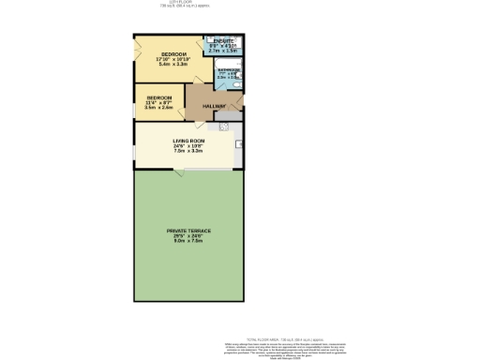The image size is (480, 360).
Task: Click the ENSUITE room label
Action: coord(223,41)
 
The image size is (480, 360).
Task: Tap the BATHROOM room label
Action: coord(229,70)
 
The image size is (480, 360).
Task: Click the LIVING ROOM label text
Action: coord(188,140)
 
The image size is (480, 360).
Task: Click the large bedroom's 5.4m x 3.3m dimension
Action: coord(175,65)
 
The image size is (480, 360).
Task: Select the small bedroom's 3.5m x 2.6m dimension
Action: coord(158,108)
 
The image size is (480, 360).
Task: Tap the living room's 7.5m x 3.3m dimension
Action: coord(188,151)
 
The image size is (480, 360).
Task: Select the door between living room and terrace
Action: coord(178,172)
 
